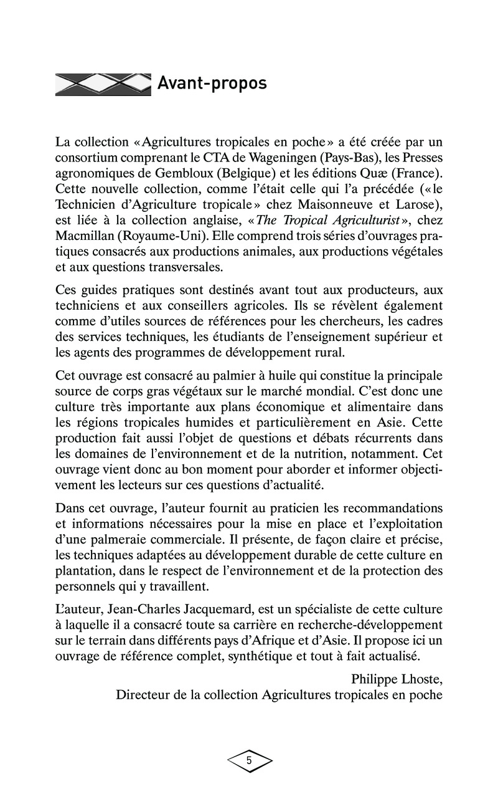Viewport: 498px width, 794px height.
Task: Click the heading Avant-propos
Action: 212,83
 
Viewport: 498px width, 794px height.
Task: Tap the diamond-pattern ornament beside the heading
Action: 103,84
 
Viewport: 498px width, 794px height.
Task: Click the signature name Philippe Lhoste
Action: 395,678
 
